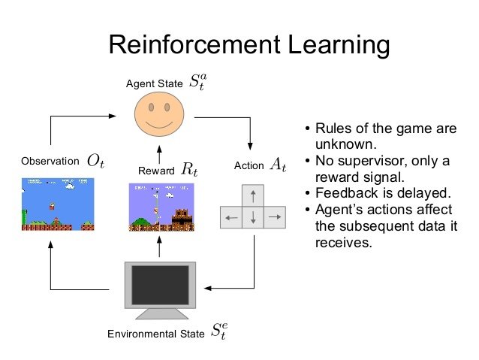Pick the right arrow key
coord(275,218)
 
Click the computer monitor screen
coord(160,283)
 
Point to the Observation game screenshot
coord(56,204)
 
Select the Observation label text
coord(50,161)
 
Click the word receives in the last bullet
coord(340,244)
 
